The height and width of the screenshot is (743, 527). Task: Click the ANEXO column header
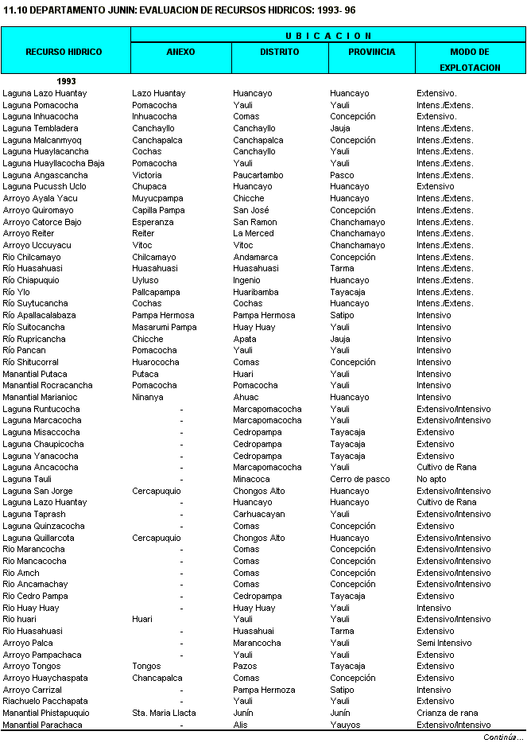(180, 52)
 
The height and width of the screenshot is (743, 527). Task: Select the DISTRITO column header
(280, 52)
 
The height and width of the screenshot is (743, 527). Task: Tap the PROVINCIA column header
(371, 52)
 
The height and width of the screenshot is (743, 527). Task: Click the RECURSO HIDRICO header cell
(64, 52)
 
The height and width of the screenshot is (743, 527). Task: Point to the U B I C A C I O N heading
(327, 36)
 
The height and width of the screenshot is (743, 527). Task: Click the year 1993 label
(66, 81)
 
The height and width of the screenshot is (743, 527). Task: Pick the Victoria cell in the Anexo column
(147, 175)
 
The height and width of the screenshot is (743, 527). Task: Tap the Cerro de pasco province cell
(357, 479)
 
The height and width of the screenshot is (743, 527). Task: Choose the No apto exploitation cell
(432, 479)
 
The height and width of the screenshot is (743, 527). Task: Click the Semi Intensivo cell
(444, 643)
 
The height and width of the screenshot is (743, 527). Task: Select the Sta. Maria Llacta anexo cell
(164, 713)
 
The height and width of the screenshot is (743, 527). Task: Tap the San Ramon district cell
(255, 222)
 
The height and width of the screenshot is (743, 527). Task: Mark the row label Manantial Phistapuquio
(46, 713)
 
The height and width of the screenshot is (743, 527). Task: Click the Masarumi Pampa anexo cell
(165, 327)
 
